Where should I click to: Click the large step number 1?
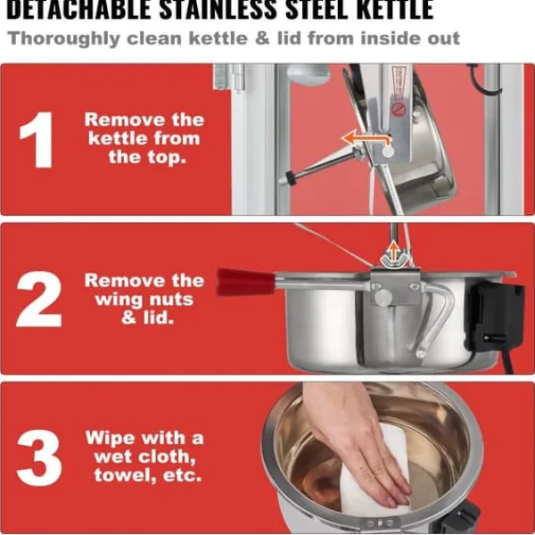37,140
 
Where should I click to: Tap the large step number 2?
38,300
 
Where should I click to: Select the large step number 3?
39,458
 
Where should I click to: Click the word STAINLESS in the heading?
218,10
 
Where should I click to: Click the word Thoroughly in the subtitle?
64,38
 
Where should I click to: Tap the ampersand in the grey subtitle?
262,37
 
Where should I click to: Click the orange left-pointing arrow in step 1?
366,139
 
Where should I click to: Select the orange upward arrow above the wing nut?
394,251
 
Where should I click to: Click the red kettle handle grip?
245,282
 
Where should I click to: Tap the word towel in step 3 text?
125,474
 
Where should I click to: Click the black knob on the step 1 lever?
291,177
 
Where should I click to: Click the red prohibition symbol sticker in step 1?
398,109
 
